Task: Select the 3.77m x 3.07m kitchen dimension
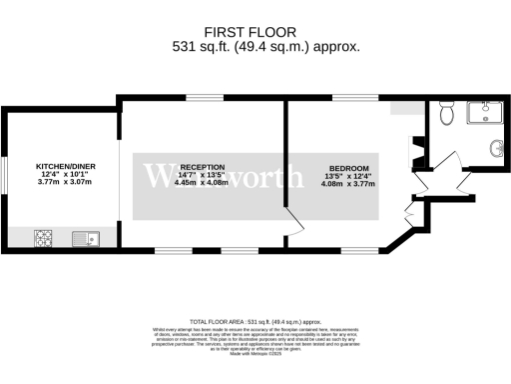point(64,182)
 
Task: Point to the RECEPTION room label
point(200,167)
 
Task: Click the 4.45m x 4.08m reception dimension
point(200,183)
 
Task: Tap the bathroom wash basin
point(496,150)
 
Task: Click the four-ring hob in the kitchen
point(45,238)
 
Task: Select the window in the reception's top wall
point(199,97)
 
